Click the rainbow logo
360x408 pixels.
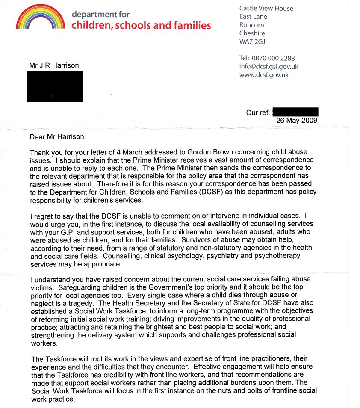point(40,18)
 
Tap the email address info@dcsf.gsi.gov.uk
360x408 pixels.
point(269,66)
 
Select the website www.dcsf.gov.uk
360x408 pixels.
point(264,75)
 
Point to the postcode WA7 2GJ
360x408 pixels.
point(253,42)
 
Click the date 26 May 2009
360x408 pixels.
point(297,121)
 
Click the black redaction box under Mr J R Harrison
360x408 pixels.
point(54,86)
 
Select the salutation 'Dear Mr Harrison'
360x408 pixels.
point(57,137)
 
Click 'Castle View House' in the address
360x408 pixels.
point(266,8)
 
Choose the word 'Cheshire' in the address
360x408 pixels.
point(252,33)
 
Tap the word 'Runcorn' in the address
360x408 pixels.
point(252,25)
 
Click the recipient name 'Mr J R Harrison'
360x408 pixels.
point(54,65)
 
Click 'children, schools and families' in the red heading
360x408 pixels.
point(141,25)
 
